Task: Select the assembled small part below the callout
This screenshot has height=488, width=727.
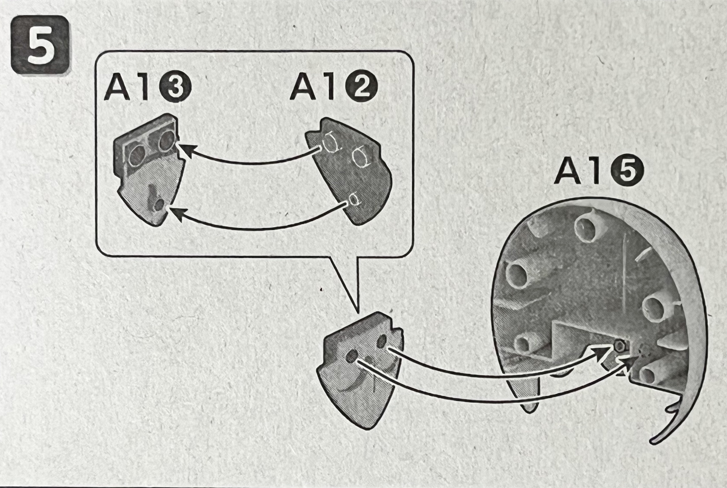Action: pos(361,370)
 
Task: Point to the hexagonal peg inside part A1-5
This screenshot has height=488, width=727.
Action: pos(619,345)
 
